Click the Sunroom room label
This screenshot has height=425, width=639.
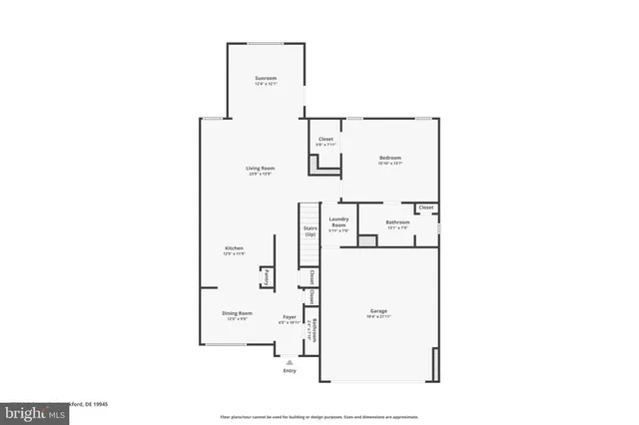pos(265,78)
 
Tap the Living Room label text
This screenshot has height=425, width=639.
pos(261,169)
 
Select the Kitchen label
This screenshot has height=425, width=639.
pos(234,248)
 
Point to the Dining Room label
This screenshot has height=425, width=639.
pos(237,313)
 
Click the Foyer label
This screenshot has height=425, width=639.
pos(289,316)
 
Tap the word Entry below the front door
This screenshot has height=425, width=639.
pos(290,370)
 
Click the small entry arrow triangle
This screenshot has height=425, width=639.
pos(290,361)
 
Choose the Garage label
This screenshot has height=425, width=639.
pos(378,310)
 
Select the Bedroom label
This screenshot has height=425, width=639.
pos(389,159)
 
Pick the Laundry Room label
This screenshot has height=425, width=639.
pos(338,223)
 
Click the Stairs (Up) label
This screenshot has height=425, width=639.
pos(311,231)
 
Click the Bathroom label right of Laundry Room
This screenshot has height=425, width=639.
pos(396,221)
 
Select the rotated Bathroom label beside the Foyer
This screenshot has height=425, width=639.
pos(314,330)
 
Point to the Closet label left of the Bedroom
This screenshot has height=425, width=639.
pos(325,139)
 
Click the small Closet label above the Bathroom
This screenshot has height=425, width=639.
pos(426,208)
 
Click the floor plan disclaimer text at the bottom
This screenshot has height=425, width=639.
pos(319,416)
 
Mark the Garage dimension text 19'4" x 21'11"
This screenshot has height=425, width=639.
pos(378,316)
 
